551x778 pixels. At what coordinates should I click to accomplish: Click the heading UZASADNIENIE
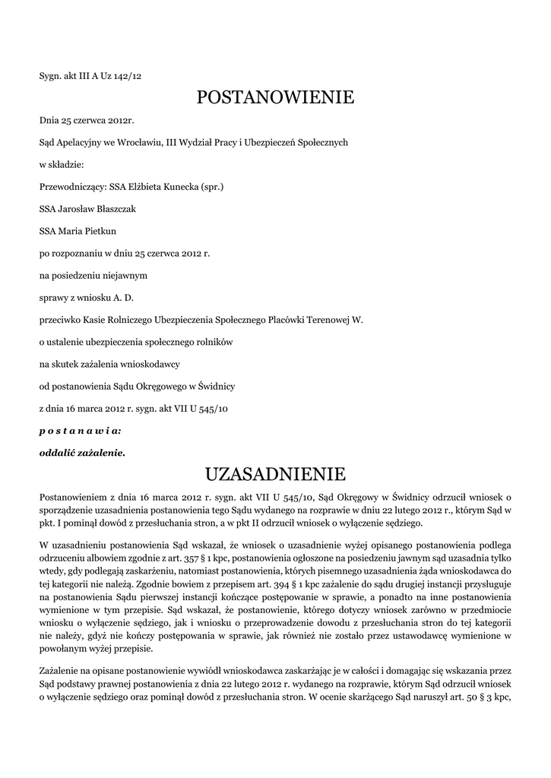tap(275, 475)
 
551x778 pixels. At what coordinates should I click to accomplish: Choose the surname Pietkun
tap(98, 230)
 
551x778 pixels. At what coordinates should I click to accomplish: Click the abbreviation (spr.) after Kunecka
tap(211, 186)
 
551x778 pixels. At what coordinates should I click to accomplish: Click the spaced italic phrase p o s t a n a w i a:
tap(80, 431)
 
